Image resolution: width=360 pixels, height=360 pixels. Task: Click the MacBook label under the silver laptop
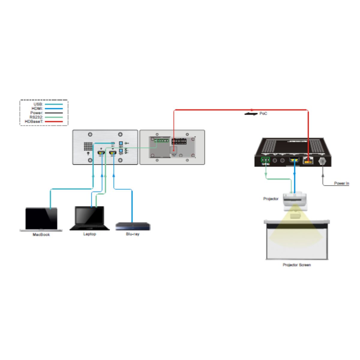41,235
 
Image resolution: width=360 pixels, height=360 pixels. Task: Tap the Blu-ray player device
133,226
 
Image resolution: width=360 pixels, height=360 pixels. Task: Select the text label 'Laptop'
89,234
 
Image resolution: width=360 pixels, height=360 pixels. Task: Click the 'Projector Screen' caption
296,265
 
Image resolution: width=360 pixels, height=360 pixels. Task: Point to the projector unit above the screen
295,199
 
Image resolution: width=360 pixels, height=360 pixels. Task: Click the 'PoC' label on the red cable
263,114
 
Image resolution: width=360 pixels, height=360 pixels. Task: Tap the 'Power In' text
341,183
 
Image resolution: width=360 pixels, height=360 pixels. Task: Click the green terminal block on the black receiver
265,160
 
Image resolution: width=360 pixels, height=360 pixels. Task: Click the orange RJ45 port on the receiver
308,161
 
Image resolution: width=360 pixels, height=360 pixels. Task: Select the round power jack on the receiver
322,161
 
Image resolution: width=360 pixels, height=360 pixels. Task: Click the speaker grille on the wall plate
88,146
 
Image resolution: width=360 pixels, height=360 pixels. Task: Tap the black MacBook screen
41,218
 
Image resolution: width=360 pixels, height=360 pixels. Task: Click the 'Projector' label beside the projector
271,199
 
